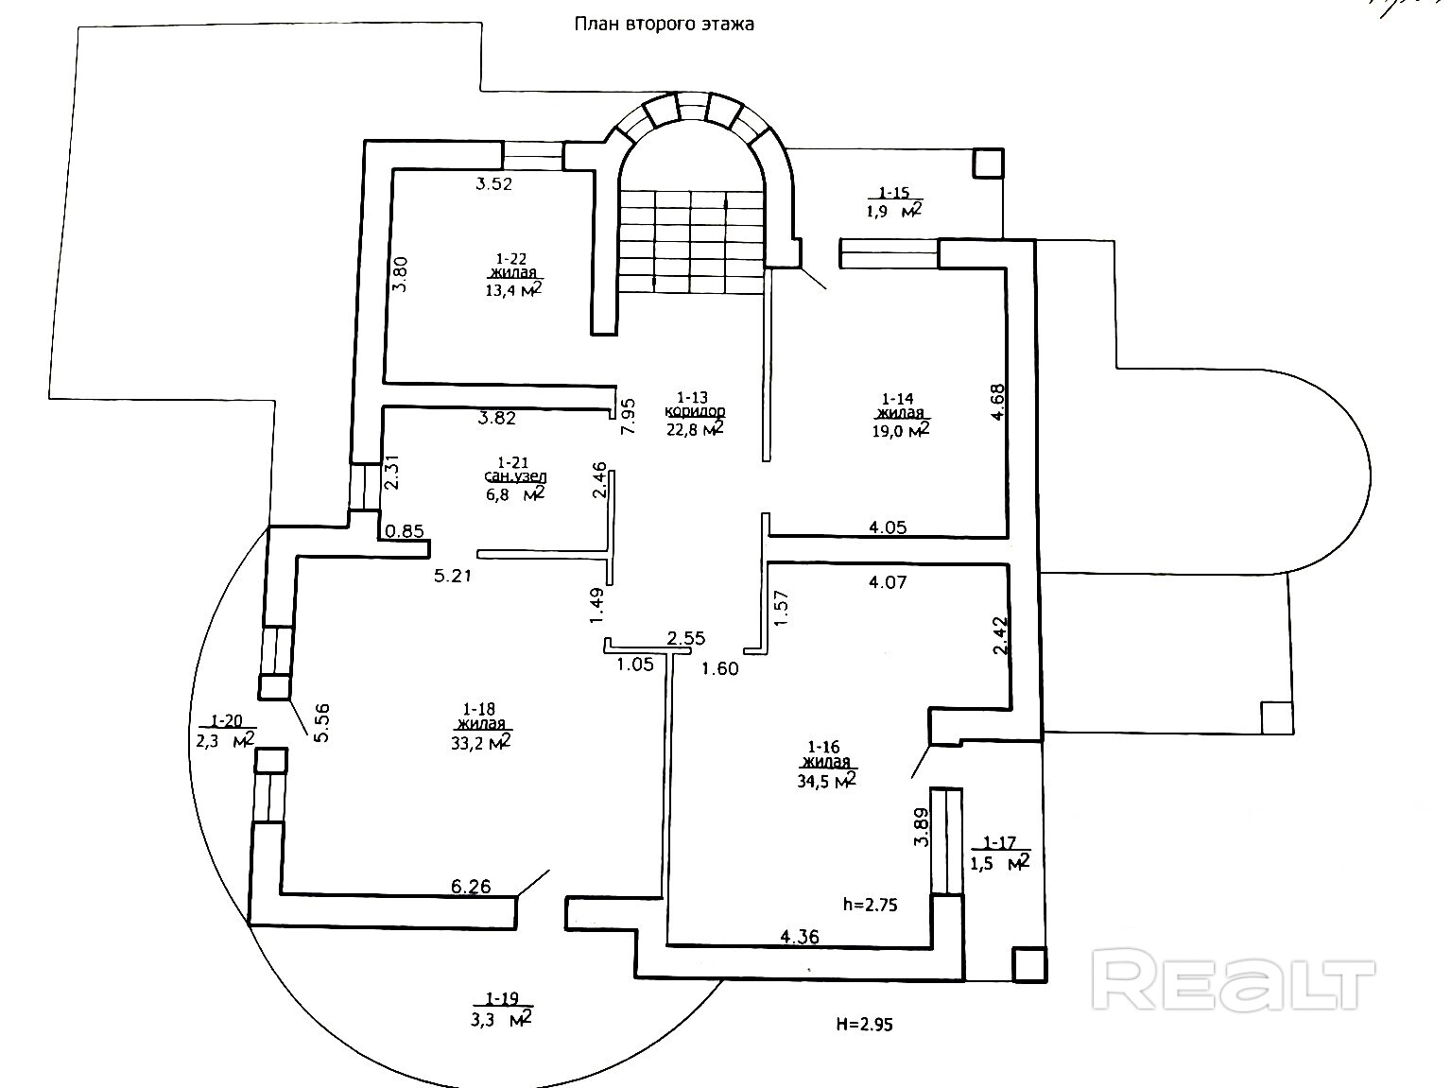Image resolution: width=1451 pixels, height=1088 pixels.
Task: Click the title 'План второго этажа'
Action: (665, 25)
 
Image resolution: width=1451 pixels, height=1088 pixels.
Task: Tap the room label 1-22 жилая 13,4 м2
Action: (512, 274)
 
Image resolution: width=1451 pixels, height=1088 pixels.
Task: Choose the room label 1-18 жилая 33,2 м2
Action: (481, 724)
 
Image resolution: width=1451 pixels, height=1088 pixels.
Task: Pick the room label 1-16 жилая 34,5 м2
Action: (826, 763)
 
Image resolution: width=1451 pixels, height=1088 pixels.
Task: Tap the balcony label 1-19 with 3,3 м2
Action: (501, 1009)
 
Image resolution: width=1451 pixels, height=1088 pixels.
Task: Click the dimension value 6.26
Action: (471, 887)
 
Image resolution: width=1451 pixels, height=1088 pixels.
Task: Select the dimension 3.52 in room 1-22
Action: (493, 184)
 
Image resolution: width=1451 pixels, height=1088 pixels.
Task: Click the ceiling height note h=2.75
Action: (870, 905)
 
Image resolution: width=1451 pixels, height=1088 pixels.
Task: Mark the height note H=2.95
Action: (864, 1023)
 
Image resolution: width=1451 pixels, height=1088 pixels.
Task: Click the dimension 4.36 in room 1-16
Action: (800, 937)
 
